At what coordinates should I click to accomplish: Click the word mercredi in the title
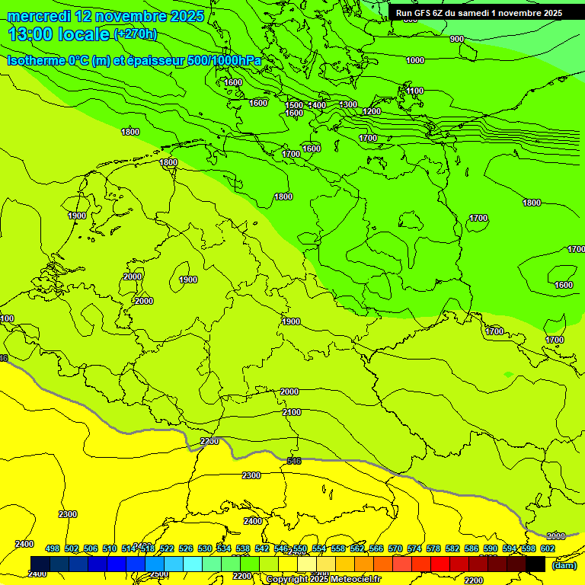point(38,16)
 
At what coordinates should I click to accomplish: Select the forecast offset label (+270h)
point(136,34)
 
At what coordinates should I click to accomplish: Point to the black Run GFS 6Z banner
point(478,13)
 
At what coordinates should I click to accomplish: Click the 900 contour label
point(457,39)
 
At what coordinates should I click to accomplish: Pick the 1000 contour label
point(415,60)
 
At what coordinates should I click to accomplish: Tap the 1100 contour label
point(414,91)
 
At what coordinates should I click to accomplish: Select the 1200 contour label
point(372,111)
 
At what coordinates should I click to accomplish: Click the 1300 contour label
point(348,104)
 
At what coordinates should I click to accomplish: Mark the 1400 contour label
point(318,105)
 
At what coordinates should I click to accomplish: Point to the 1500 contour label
point(294,105)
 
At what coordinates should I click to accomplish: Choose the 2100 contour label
point(292,412)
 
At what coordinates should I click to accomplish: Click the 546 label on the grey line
point(294,461)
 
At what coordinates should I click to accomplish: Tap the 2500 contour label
point(158,574)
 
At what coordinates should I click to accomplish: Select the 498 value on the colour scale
point(53,548)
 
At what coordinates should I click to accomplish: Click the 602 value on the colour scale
point(548,548)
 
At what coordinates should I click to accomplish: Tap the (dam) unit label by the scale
point(564,564)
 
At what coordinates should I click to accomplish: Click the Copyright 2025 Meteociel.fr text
point(323,579)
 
